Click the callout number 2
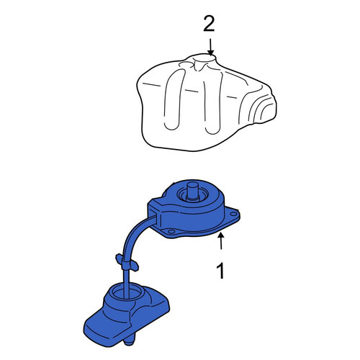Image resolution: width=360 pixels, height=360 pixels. coord(209,24)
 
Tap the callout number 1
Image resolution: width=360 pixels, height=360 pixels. coord(220,271)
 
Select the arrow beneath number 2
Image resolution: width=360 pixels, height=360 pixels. coord(211,47)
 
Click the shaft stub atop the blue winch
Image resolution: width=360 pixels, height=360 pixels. coord(192,190)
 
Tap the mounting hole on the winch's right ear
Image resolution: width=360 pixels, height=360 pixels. coord(233,214)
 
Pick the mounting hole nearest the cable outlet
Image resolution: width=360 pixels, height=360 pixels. coord(171,231)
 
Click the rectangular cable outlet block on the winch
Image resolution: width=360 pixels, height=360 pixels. coord(155,214)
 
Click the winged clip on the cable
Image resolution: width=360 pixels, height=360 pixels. coord(127,262)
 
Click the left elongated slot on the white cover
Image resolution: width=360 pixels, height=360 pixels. coord(174,99)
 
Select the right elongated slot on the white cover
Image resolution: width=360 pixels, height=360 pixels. coord(213,102)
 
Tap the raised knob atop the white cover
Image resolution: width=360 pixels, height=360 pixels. coord(204,61)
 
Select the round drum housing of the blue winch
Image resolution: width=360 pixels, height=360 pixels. coord(192,204)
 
